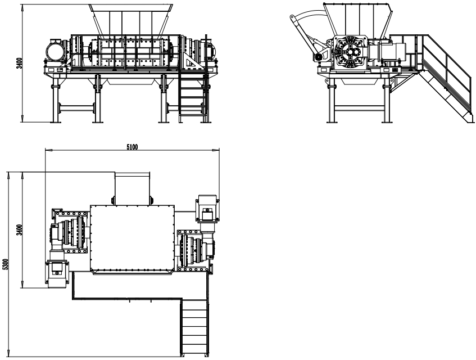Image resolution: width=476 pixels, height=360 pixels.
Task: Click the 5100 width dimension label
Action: point(132,147)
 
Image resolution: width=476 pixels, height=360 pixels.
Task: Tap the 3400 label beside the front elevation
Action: point(19,63)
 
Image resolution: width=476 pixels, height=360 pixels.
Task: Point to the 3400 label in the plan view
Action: point(19,229)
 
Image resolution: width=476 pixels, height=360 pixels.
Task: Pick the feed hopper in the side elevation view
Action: point(357,19)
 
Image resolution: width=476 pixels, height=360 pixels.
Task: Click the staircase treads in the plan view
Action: point(194,327)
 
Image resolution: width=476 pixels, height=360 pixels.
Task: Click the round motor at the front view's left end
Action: point(55,51)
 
